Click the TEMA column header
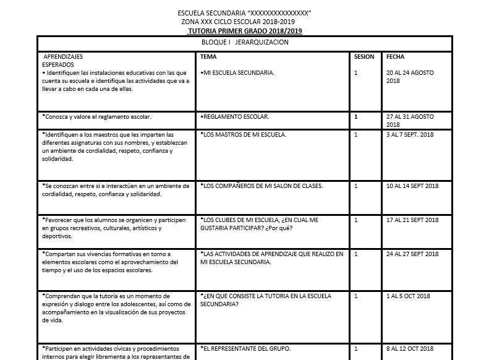(208, 57)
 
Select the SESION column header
(364, 57)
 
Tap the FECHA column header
(395, 57)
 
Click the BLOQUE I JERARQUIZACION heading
(245, 42)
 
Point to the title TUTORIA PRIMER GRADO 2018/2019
(245, 31)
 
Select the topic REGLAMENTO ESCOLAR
(235, 116)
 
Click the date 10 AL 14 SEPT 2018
(412, 186)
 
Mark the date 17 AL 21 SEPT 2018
(412, 220)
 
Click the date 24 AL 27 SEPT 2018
(412, 254)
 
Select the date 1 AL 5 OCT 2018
(407, 296)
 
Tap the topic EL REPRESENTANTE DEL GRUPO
(245, 348)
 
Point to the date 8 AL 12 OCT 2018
(409, 348)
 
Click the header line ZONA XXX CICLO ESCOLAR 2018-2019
(244, 22)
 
